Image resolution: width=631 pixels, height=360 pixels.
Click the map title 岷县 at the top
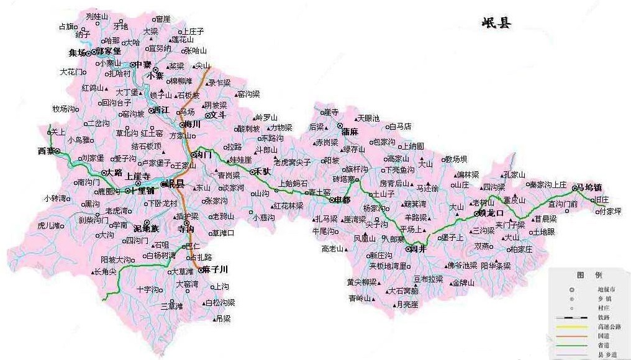(x=496, y=23)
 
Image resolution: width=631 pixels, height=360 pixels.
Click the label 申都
(x=342, y=200)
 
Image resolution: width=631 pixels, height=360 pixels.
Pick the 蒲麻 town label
(x=350, y=132)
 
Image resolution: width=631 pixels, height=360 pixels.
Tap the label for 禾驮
(x=261, y=171)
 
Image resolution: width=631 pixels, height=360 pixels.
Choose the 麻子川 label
(x=215, y=269)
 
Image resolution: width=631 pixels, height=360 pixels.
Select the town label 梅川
(x=192, y=124)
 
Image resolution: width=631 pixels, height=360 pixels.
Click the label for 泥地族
(x=146, y=229)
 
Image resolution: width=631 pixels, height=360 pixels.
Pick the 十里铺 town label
(x=143, y=191)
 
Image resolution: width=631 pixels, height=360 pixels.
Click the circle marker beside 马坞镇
(x=574, y=187)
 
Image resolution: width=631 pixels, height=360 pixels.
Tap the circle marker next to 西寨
(x=57, y=151)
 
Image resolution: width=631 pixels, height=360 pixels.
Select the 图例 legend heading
(x=589, y=275)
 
